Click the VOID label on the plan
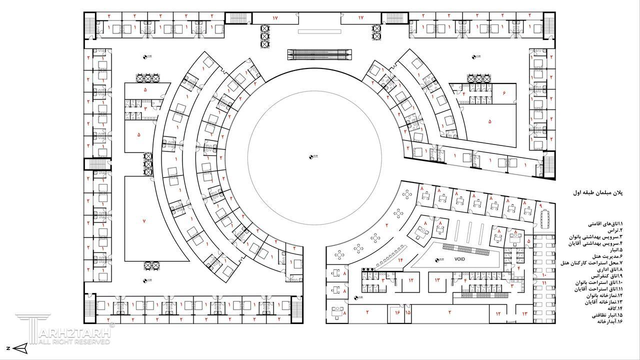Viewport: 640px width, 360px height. click(x=459, y=259)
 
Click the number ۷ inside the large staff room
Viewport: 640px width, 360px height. click(x=143, y=220)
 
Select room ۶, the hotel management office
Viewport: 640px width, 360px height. click(x=504, y=93)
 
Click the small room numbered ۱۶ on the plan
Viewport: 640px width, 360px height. click(x=397, y=312)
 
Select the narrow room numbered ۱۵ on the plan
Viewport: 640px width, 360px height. click(x=408, y=312)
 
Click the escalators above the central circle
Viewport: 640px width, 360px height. click(x=320, y=54)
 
